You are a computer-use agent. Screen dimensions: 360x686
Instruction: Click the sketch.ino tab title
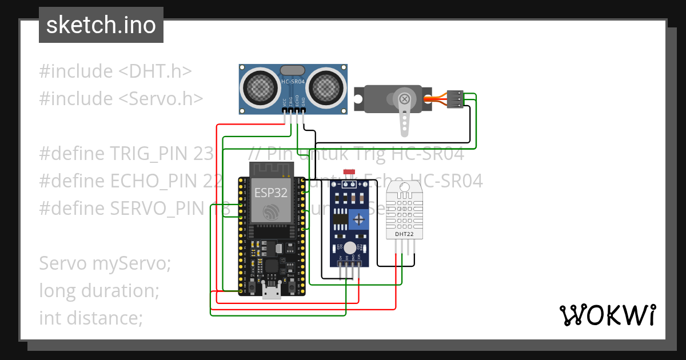point(101,25)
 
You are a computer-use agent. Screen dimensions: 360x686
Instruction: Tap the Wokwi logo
point(607,315)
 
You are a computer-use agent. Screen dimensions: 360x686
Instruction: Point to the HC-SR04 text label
point(293,82)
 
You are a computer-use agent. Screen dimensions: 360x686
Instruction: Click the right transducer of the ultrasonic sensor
point(326,87)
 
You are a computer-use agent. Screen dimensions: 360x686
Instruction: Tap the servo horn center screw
point(405,98)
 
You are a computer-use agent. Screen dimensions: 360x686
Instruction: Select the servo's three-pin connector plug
point(455,99)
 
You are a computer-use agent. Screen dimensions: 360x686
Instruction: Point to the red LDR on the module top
point(349,172)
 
